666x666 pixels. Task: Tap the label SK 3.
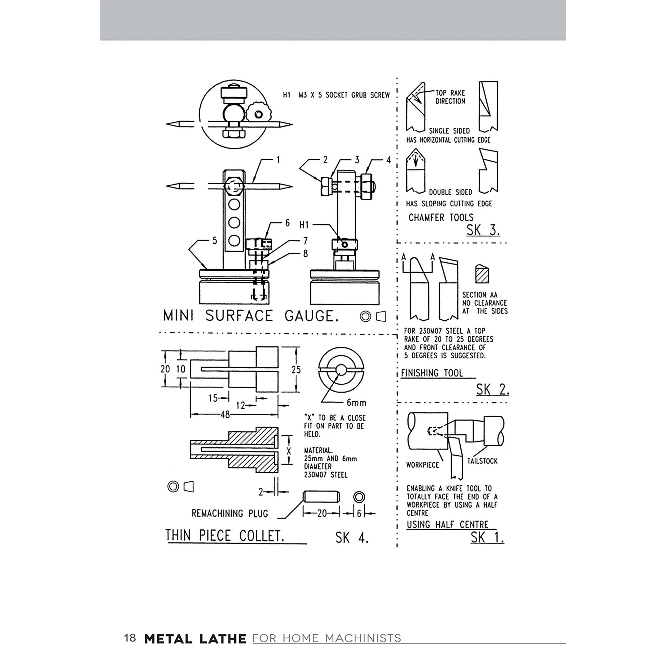(x=483, y=230)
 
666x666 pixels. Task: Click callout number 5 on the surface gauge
(x=215, y=241)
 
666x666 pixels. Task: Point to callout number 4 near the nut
(x=388, y=160)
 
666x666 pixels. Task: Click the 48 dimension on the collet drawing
(x=225, y=415)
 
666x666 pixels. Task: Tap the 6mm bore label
(x=356, y=402)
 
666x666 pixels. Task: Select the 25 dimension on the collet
(x=296, y=370)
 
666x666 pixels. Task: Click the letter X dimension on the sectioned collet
(x=289, y=450)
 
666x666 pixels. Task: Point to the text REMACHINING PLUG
(x=230, y=513)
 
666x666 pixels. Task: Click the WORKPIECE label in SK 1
(x=422, y=465)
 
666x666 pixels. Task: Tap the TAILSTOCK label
(x=482, y=461)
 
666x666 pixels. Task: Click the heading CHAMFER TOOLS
(x=441, y=218)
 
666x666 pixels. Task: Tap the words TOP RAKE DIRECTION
(x=450, y=97)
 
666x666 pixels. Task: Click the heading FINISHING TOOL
(x=432, y=373)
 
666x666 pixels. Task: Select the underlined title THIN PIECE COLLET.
(x=225, y=536)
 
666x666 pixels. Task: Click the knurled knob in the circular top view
(x=259, y=112)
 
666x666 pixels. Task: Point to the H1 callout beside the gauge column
(x=304, y=225)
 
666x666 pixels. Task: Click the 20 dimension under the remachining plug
(x=322, y=514)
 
